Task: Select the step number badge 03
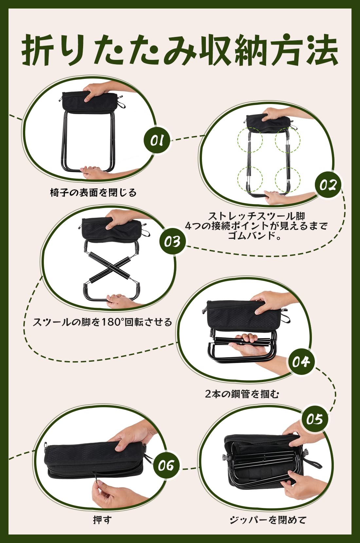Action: [x=172, y=242]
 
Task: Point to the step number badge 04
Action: [x=301, y=361]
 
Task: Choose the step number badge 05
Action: [x=314, y=419]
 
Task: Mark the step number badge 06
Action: [x=166, y=465]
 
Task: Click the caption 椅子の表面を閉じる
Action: [x=93, y=192]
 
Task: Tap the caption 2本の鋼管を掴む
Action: [x=242, y=394]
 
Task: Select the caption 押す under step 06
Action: [x=102, y=519]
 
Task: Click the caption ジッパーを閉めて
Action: [x=268, y=519]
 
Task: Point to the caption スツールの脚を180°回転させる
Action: [x=102, y=322]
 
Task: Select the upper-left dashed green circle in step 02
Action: [x=250, y=140]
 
